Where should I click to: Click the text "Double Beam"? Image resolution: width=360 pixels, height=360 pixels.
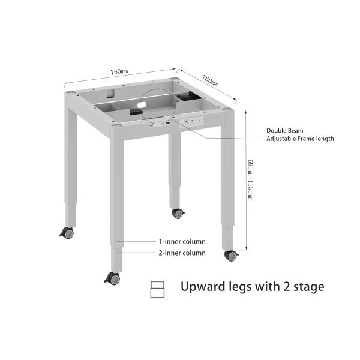click(x=284, y=131)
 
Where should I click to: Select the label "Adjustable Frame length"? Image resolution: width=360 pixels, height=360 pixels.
click(x=300, y=139)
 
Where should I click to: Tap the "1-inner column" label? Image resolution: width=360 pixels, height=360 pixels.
click(x=182, y=242)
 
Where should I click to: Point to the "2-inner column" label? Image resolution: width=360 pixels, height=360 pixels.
click(x=182, y=253)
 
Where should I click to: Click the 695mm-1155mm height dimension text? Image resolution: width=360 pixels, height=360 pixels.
click(x=250, y=180)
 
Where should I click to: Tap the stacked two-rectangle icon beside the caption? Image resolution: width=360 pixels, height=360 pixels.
click(x=157, y=289)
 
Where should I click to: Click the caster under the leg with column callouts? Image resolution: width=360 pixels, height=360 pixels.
click(x=113, y=278)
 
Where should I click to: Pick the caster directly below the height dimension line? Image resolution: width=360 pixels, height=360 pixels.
click(x=232, y=256)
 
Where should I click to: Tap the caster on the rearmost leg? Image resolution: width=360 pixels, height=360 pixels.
click(x=178, y=214)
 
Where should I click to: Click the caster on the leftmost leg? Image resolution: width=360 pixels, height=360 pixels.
click(x=67, y=233)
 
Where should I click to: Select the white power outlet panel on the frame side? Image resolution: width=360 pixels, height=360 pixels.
click(x=191, y=121)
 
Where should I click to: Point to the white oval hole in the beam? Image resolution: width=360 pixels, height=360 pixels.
click(x=142, y=105)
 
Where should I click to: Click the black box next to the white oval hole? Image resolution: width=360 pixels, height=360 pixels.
click(x=136, y=112)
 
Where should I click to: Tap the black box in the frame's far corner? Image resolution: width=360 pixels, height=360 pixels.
click(x=190, y=96)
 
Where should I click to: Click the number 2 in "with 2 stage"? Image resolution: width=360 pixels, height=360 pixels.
click(x=286, y=287)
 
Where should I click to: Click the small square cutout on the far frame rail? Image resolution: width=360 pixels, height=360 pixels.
click(x=110, y=94)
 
